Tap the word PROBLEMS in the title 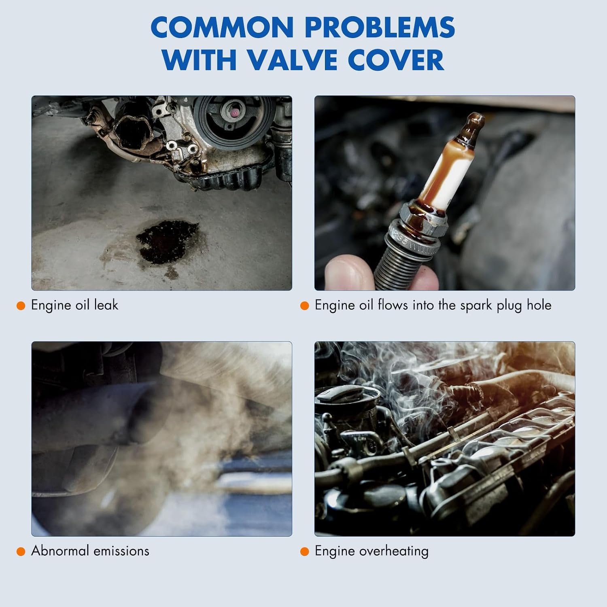point(380,28)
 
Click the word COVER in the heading point(396,60)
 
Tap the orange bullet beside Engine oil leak point(21,306)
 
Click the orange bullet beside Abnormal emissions point(21,552)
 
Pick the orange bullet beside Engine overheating point(305,552)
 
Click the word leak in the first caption point(106,305)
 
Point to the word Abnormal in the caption point(59,551)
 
